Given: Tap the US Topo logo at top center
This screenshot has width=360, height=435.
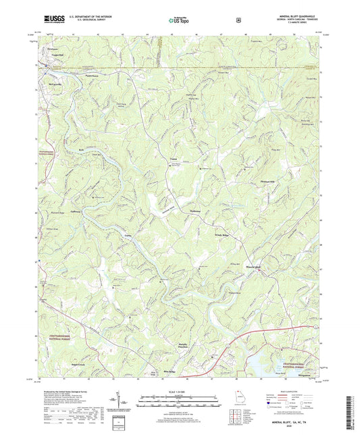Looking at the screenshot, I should pos(178,21).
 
